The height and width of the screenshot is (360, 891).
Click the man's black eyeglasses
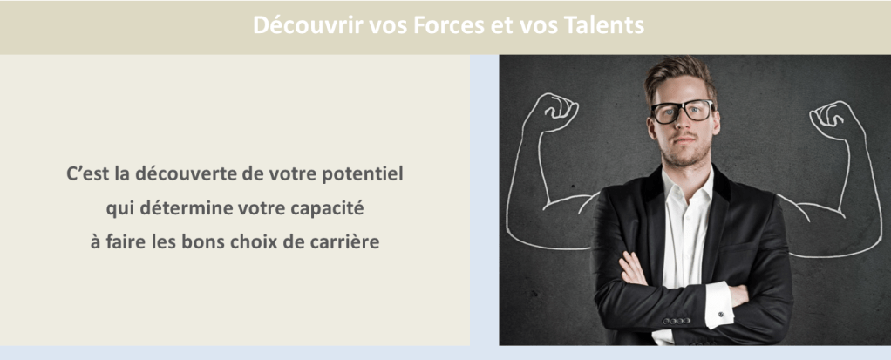[683, 111]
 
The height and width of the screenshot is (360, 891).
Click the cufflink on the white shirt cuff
[720, 314]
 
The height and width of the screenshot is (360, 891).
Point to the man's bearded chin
[685, 156]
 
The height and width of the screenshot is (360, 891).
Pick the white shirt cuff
[719, 305]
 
